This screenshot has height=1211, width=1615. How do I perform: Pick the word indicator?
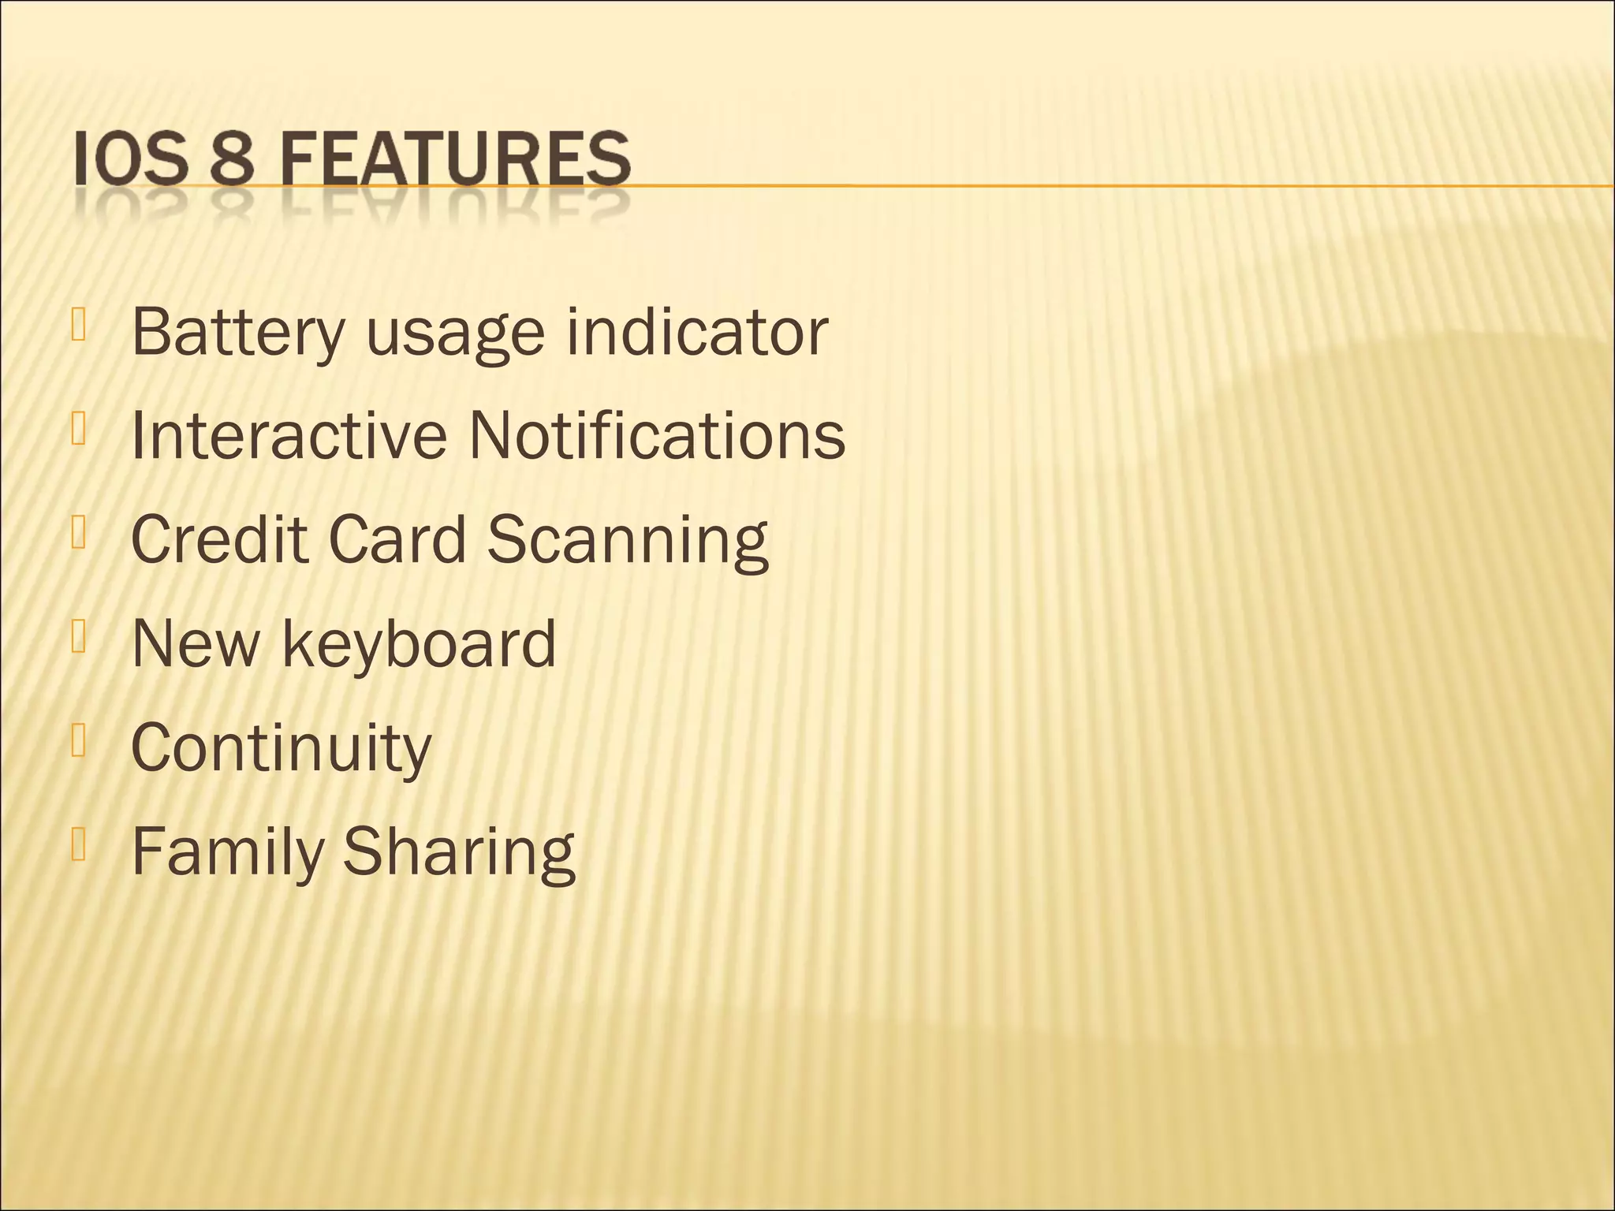point(697,331)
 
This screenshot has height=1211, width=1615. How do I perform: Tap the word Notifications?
point(656,435)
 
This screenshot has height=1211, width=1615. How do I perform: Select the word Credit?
point(219,539)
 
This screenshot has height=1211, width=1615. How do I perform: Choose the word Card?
point(397,539)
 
